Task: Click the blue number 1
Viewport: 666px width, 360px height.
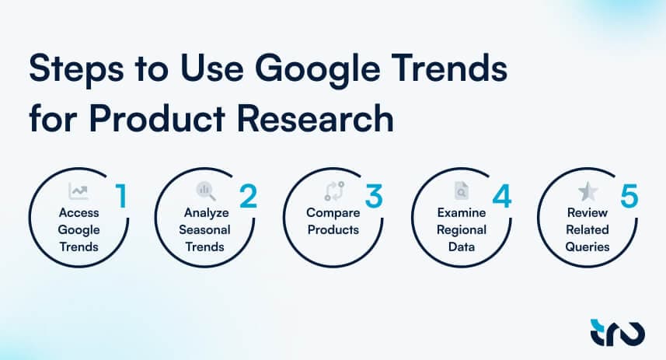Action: tap(120, 196)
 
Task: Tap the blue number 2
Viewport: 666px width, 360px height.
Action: tap(248, 196)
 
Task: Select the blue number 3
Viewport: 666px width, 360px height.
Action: tap(374, 196)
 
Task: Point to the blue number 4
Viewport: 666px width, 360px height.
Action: tap(501, 196)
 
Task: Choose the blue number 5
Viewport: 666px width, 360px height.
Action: tap(629, 196)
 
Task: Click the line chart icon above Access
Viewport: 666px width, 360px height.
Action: tap(78, 190)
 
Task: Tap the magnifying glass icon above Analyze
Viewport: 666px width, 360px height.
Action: tap(205, 190)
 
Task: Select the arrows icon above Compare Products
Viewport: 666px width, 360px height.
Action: tap(332, 190)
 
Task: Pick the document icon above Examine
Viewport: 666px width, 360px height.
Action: tap(459, 190)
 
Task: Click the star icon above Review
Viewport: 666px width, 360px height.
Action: tap(587, 190)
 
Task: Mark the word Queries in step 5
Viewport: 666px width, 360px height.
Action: tap(587, 247)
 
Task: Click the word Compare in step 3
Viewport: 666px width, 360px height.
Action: tap(332, 212)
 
